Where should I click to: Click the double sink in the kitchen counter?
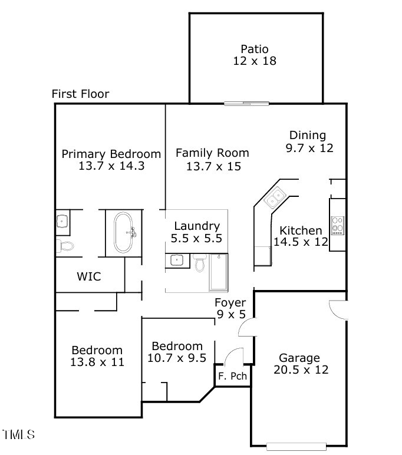click(x=275, y=197)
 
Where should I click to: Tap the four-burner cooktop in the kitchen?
click(x=338, y=225)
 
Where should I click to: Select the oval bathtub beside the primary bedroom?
click(x=124, y=232)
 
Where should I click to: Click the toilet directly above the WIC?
click(x=64, y=245)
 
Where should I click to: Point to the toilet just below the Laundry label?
click(x=200, y=262)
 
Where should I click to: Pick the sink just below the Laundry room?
click(x=176, y=259)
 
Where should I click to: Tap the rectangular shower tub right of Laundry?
click(x=219, y=272)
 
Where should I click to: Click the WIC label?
click(x=88, y=276)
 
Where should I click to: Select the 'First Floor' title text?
click(x=80, y=94)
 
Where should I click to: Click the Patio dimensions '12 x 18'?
click(x=254, y=61)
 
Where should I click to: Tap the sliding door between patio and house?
click(x=247, y=104)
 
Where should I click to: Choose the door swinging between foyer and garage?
click(x=248, y=327)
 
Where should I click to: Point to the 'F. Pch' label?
click(x=231, y=375)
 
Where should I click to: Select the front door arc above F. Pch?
click(x=234, y=357)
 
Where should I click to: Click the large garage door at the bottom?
click(x=296, y=446)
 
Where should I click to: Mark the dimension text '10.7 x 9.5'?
click(x=177, y=358)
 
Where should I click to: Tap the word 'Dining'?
click(x=307, y=136)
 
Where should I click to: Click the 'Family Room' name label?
click(x=212, y=153)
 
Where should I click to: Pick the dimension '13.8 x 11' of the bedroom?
click(x=97, y=362)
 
